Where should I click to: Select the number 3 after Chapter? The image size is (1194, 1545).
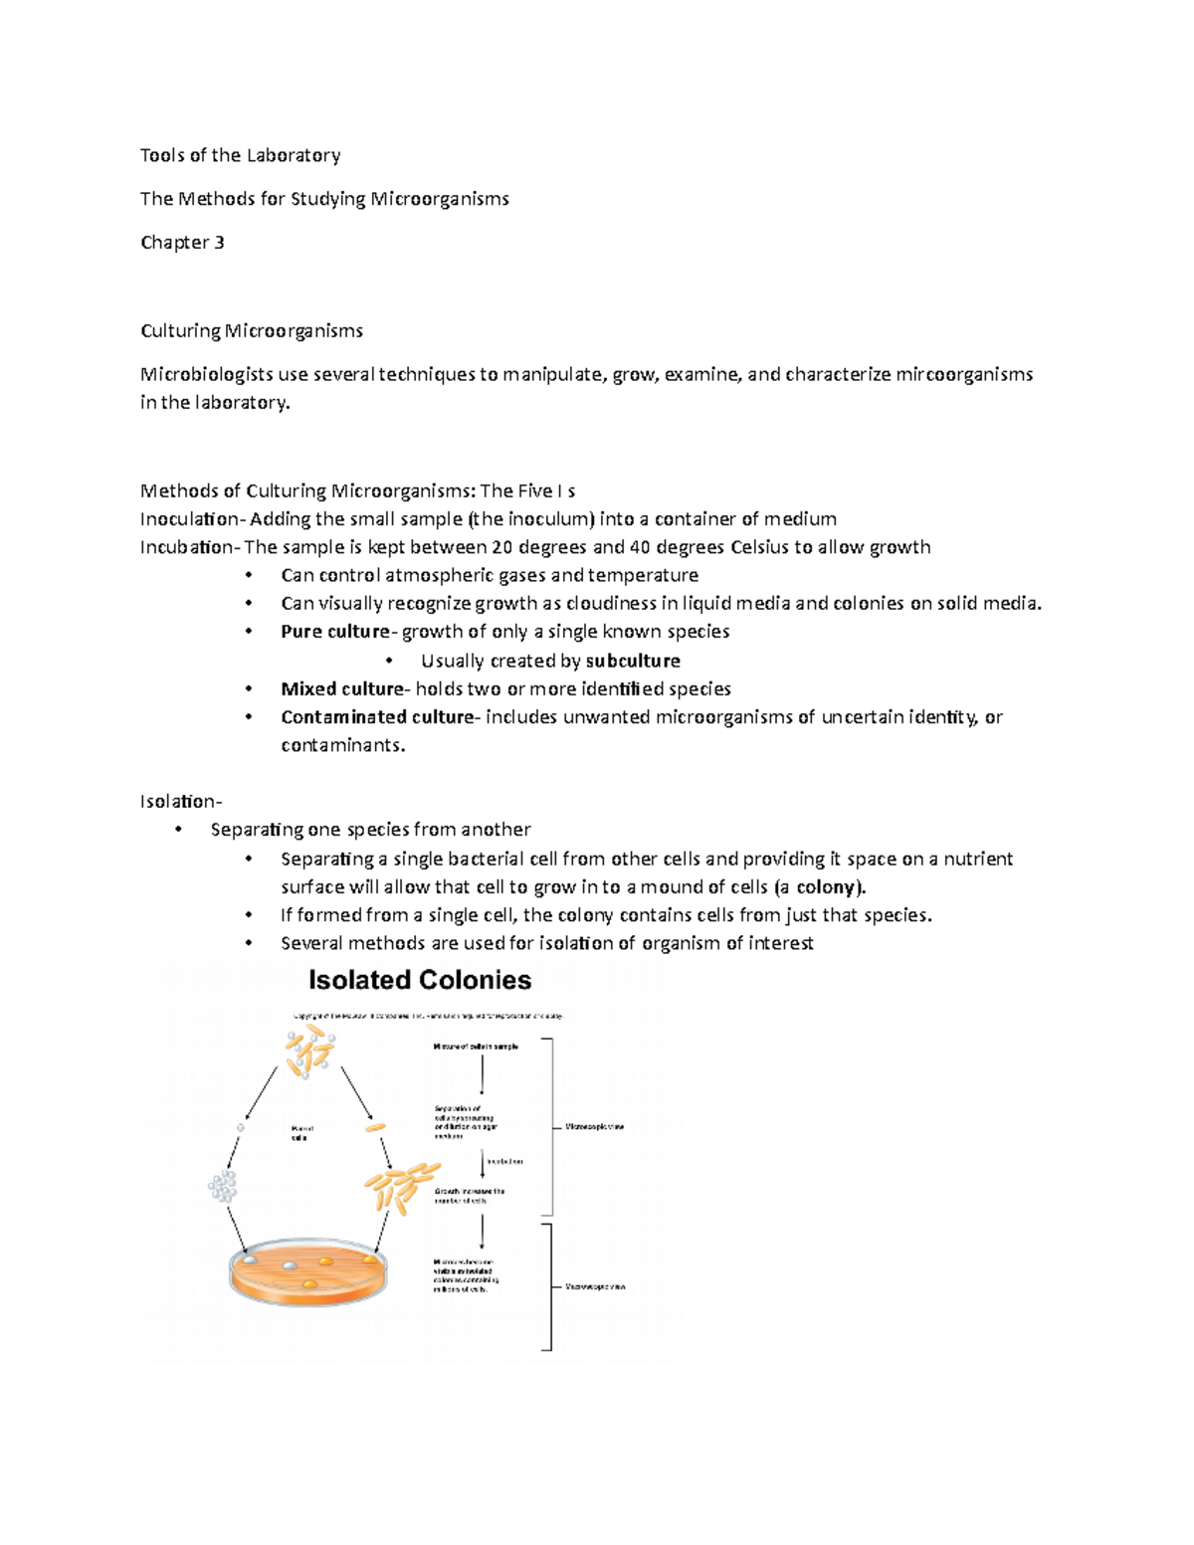tap(219, 243)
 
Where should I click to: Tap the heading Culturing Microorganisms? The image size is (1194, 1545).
tap(252, 330)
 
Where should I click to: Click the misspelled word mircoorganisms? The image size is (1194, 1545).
tap(964, 374)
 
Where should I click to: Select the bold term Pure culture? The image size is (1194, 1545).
tap(335, 632)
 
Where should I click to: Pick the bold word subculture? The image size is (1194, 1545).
tap(633, 662)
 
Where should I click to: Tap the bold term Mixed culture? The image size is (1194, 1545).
tap(342, 689)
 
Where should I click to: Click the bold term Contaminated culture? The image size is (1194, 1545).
tap(377, 717)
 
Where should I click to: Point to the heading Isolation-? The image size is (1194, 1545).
tap(181, 802)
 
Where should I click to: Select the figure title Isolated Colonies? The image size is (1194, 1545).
tap(420, 981)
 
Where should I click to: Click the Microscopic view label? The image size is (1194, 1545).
tap(595, 1127)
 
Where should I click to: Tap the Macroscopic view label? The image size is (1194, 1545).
tap(595, 1287)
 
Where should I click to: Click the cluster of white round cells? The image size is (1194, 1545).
tap(223, 1186)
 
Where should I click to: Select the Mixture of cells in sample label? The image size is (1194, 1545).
tap(476, 1047)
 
